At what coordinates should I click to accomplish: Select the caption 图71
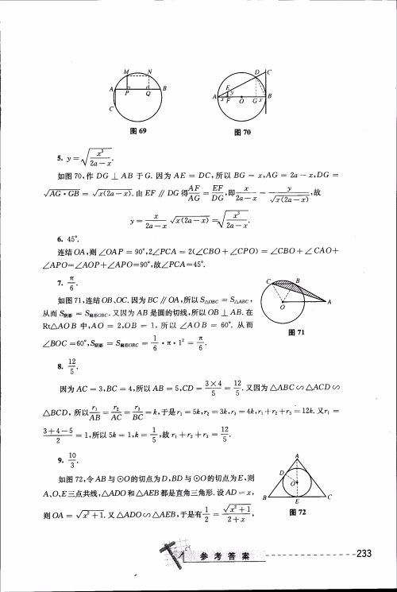pos(299,335)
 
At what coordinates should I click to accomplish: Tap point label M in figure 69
pos(127,72)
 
